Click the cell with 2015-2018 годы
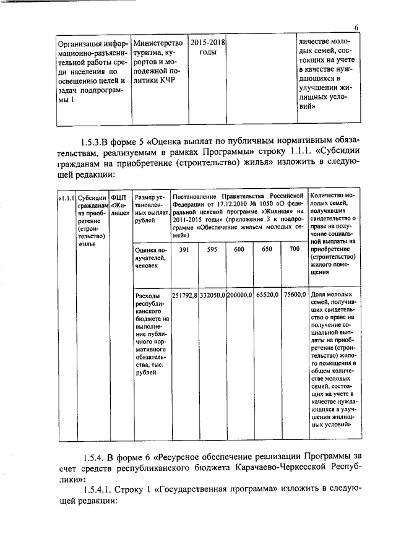point(207,48)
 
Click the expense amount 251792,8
point(184,295)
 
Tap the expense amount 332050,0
point(212,295)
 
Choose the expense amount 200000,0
point(239,295)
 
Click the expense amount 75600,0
point(294,295)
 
